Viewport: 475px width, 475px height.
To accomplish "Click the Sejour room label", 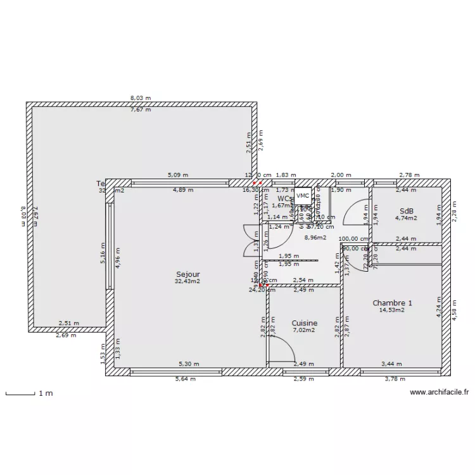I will tap(188, 274).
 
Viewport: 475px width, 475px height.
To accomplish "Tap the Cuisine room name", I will tap(305, 323).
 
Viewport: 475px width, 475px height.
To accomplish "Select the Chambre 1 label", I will tap(392, 303).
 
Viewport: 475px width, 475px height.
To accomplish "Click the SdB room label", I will tap(406, 211).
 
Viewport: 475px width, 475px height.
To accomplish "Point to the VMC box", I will tap(303, 196).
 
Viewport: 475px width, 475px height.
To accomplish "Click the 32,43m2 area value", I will tap(188, 281).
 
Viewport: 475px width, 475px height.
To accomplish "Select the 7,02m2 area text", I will tap(305, 330).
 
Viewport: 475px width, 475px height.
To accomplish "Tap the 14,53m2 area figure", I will tap(392, 310).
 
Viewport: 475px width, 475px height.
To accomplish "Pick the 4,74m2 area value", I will tap(406, 218).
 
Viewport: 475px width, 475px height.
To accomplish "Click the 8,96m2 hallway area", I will tap(315, 237).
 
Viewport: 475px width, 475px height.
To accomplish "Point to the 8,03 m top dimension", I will tap(141, 98).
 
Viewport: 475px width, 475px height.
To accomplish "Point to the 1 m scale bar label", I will tap(46, 393).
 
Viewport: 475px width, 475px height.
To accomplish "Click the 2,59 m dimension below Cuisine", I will tap(304, 379).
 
